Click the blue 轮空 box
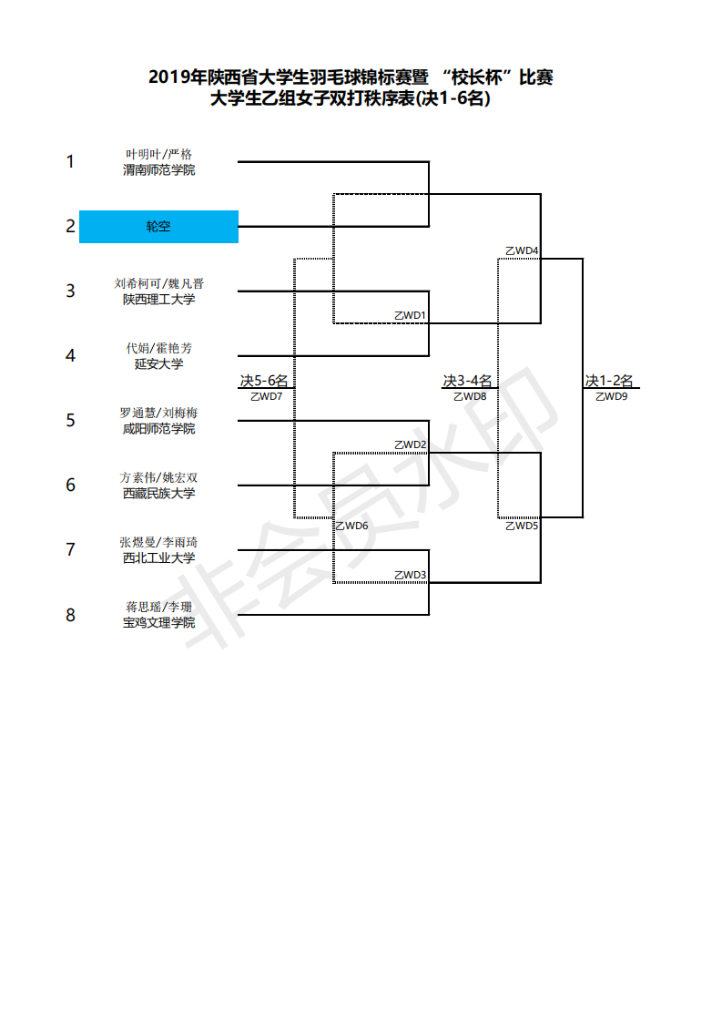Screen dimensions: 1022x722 [x=158, y=227]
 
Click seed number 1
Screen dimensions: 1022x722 [x=70, y=162]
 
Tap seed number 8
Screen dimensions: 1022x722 [x=70, y=615]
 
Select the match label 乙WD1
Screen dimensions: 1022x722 [x=410, y=315]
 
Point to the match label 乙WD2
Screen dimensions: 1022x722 [x=410, y=445]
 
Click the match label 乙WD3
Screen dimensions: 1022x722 [x=410, y=574]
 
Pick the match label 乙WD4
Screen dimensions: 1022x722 [x=522, y=250]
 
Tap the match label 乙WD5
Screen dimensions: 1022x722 [x=522, y=526]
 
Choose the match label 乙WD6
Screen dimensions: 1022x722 [x=351, y=526]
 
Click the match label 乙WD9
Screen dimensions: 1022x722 [x=611, y=396]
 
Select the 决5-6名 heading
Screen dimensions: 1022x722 [x=264, y=381]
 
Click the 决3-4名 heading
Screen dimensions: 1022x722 [x=468, y=381]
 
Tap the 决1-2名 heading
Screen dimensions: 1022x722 [x=609, y=381]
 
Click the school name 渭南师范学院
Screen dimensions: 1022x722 [x=158, y=169]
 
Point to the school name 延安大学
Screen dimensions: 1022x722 [x=158, y=363]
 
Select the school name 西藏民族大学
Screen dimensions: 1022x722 [x=158, y=493]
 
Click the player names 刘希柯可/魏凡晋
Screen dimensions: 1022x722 [x=158, y=283]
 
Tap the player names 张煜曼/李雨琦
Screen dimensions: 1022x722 [x=158, y=542]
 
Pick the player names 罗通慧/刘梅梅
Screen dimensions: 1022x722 [x=158, y=413]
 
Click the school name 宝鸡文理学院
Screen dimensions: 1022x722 [x=158, y=622]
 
